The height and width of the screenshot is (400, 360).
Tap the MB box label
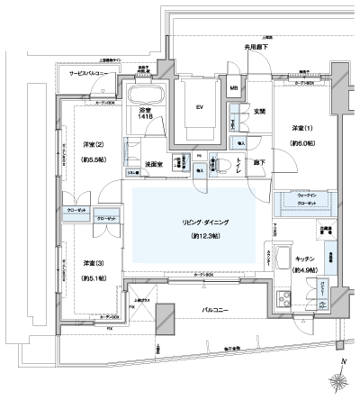[233, 88]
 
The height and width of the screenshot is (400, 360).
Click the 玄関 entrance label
[259, 112]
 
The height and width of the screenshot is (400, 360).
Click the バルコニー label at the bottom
[216, 313]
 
